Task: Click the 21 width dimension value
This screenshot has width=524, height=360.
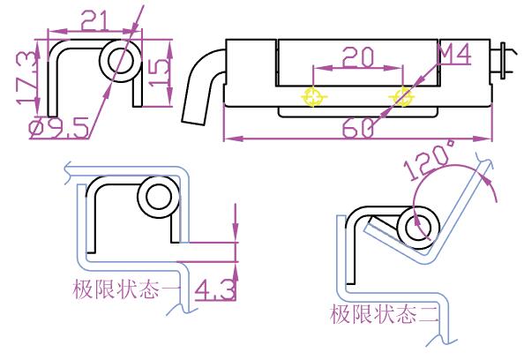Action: pos(95,20)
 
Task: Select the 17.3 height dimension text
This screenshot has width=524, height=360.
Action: pos(26,78)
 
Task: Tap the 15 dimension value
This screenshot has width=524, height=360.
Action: pos(159,73)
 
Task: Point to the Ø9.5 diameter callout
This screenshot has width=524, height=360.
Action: pos(59,128)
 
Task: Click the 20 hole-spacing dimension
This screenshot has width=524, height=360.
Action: pos(358,57)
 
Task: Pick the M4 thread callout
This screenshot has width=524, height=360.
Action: pos(454,54)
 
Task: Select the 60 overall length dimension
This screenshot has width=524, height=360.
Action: pos(358,127)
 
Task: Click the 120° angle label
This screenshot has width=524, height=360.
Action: pos(430,160)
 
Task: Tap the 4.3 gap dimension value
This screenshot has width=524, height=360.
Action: pos(215,289)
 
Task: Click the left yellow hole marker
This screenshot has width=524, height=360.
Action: pos(313,96)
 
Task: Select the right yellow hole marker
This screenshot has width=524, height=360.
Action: pos(402,96)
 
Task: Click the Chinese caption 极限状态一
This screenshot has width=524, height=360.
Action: pos(127,289)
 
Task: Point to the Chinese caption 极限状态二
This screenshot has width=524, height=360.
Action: pos(384,314)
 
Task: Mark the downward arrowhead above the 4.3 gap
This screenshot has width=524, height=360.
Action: pos(236,230)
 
